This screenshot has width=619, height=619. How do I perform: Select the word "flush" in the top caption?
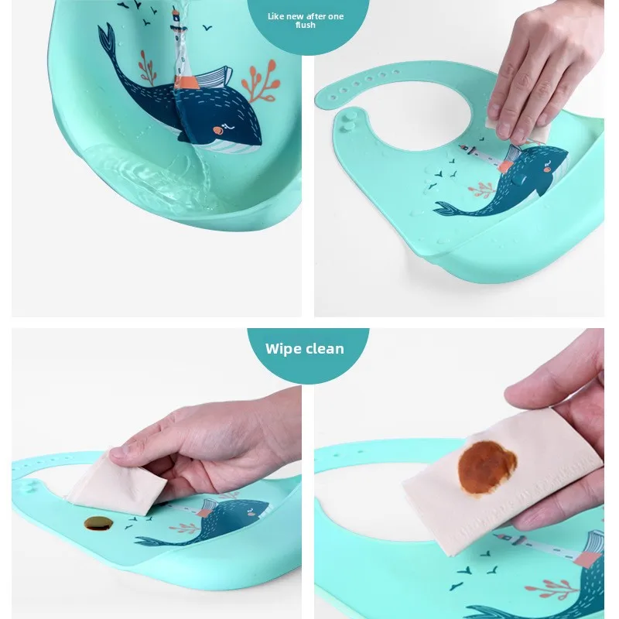pyautogui.click(x=306, y=26)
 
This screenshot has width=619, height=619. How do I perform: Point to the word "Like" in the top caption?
pyautogui.click(x=278, y=16)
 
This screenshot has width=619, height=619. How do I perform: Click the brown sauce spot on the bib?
pyautogui.click(x=98, y=524)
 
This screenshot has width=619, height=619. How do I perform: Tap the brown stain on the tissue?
pyautogui.click(x=487, y=463)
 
